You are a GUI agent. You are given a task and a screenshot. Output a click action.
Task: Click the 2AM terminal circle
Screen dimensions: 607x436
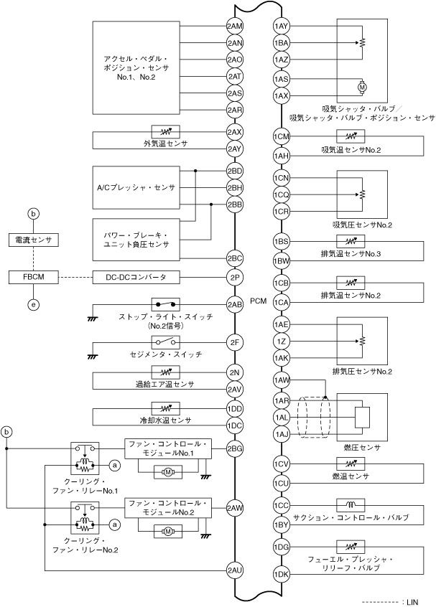pyautogui.click(x=235, y=26)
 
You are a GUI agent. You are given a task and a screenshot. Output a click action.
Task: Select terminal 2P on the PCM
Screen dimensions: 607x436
pyautogui.click(x=235, y=276)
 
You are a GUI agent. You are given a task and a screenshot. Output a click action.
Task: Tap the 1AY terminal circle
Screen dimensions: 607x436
pyautogui.click(x=282, y=26)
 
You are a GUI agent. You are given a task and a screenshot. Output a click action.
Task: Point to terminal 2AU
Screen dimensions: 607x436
pyautogui.click(x=235, y=571)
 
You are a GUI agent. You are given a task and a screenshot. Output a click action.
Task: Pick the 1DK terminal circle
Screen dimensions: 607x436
pyautogui.click(x=282, y=573)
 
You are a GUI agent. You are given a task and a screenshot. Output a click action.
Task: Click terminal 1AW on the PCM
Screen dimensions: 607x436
pyautogui.click(x=282, y=380)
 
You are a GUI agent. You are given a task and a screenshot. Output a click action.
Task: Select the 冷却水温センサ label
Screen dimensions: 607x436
pyautogui.click(x=164, y=420)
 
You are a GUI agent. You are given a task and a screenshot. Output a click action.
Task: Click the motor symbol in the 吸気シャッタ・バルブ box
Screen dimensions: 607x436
pyautogui.click(x=361, y=87)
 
